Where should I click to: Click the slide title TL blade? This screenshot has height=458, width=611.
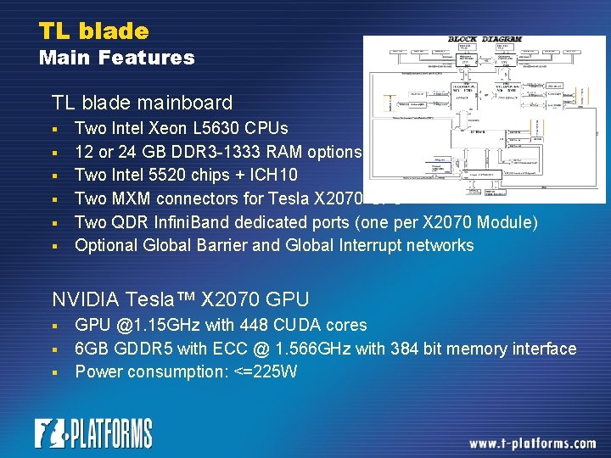point(93,31)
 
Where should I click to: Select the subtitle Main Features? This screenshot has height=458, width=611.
point(116,58)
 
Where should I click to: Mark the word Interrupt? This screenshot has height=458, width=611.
point(373,245)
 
